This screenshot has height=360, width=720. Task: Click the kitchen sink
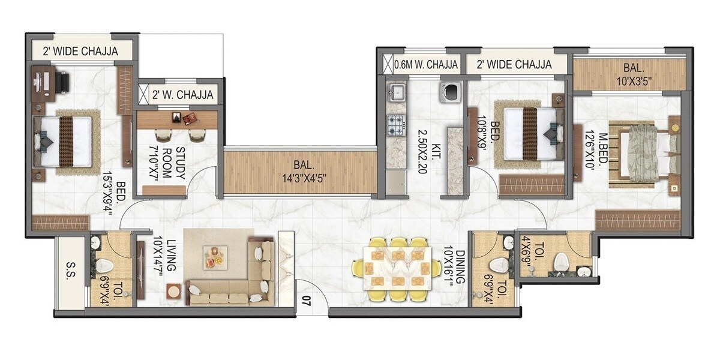pos(397,94)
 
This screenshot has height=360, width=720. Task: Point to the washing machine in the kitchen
pos(449,92)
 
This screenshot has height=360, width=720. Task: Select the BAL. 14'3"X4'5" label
pos(301,172)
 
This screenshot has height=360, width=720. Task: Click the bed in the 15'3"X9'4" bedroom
pos(65,142)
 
